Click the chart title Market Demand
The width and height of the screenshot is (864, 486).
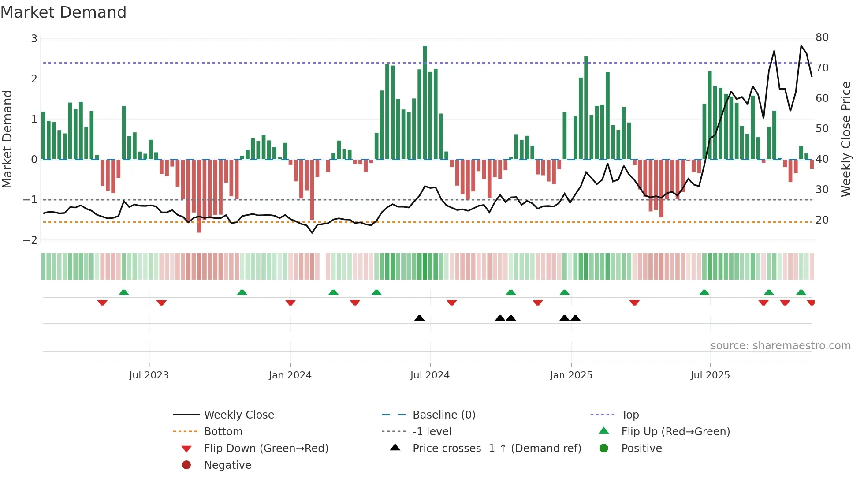coord(63,12)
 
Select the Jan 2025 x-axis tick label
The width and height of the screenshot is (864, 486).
coord(571,375)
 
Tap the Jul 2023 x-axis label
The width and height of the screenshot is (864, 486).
coord(149,375)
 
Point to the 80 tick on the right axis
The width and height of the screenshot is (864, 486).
coord(822,37)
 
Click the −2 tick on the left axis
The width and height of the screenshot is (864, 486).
coord(30,240)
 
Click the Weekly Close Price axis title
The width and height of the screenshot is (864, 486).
coord(845,139)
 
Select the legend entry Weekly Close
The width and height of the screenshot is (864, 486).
coord(239,415)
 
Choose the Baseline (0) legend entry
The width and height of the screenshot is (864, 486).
coord(443,415)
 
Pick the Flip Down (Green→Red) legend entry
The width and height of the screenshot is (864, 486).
coord(266,448)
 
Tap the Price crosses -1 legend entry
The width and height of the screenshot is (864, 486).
coord(496,448)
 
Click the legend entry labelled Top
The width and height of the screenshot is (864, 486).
coord(630,415)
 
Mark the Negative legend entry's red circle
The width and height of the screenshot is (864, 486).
coord(186,465)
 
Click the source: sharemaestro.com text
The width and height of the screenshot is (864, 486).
coord(780,345)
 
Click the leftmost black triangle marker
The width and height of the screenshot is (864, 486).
coord(419,318)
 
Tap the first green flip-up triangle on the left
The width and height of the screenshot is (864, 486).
coord(124,292)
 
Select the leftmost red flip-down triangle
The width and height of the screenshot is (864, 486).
coord(102,303)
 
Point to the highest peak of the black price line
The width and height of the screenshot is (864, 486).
coord(801,46)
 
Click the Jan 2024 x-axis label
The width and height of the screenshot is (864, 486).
coord(290,375)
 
